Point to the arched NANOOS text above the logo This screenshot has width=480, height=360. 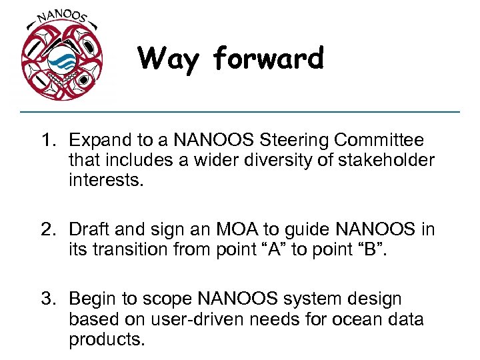[x=61, y=17]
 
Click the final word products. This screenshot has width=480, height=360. [x=106, y=340]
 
